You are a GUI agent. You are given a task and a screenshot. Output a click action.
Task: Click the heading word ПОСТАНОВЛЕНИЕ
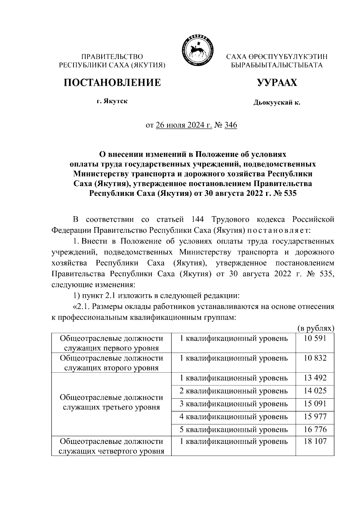(x=112, y=82)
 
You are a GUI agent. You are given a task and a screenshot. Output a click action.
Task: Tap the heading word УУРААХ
(x=277, y=82)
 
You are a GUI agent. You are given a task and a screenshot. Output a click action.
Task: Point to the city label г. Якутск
(x=112, y=101)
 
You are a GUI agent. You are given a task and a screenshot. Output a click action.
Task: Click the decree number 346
(x=230, y=125)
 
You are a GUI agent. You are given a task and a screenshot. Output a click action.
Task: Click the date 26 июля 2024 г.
(x=184, y=125)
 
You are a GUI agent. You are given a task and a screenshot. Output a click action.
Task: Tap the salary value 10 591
(x=315, y=339)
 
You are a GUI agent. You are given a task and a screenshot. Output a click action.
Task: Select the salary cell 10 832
(x=315, y=358)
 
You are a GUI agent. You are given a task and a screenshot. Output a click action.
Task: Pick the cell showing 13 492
(x=315, y=378)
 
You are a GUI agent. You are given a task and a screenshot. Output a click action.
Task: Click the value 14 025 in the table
(x=315, y=391)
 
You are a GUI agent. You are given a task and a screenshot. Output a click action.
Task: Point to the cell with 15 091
(x=315, y=404)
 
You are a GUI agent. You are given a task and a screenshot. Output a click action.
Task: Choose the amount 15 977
(x=315, y=417)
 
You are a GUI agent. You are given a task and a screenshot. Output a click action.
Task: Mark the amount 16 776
(x=315, y=430)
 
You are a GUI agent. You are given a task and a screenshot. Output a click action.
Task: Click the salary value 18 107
(x=315, y=441)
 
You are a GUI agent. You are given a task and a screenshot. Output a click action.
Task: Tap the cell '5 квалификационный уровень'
(x=233, y=430)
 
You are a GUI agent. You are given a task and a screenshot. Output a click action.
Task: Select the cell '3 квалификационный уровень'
(x=233, y=404)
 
